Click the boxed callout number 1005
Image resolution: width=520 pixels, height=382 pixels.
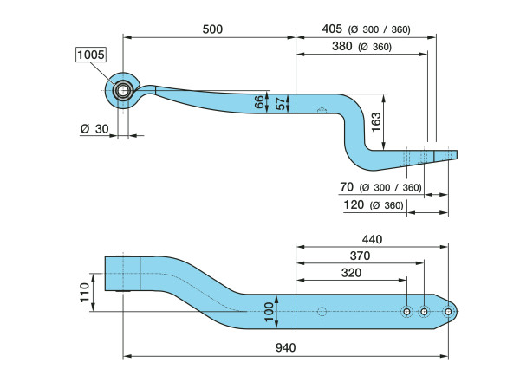[91, 55]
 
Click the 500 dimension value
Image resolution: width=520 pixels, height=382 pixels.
[212, 29]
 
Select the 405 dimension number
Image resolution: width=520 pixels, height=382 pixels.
[332, 29]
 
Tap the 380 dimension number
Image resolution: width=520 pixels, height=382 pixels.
[342, 46]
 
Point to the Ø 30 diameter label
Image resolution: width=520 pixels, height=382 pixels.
[94, 129]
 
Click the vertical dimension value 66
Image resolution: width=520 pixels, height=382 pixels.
[259, 102]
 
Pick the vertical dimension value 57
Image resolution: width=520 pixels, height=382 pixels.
[281, 104]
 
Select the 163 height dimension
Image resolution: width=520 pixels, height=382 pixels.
[376, 122]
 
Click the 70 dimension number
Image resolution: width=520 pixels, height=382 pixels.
[347, 187]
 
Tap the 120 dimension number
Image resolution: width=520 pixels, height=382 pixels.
[354, 204]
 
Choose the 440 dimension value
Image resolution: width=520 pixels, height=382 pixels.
[372, 239]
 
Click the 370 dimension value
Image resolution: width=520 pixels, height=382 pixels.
[361, 256]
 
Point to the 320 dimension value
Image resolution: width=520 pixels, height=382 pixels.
[351, 273]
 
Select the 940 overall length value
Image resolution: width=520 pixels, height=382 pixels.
[285, 347]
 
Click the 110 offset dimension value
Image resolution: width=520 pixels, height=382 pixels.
[85, 293]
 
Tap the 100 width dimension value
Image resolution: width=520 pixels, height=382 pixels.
[269, 312]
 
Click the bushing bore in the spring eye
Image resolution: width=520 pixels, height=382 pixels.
[123, 91]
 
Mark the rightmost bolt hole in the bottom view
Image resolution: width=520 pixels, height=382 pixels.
[448, 312]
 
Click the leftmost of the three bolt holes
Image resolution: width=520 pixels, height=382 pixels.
[406, 312]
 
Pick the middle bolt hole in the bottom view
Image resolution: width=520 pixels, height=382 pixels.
[424, 312]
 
